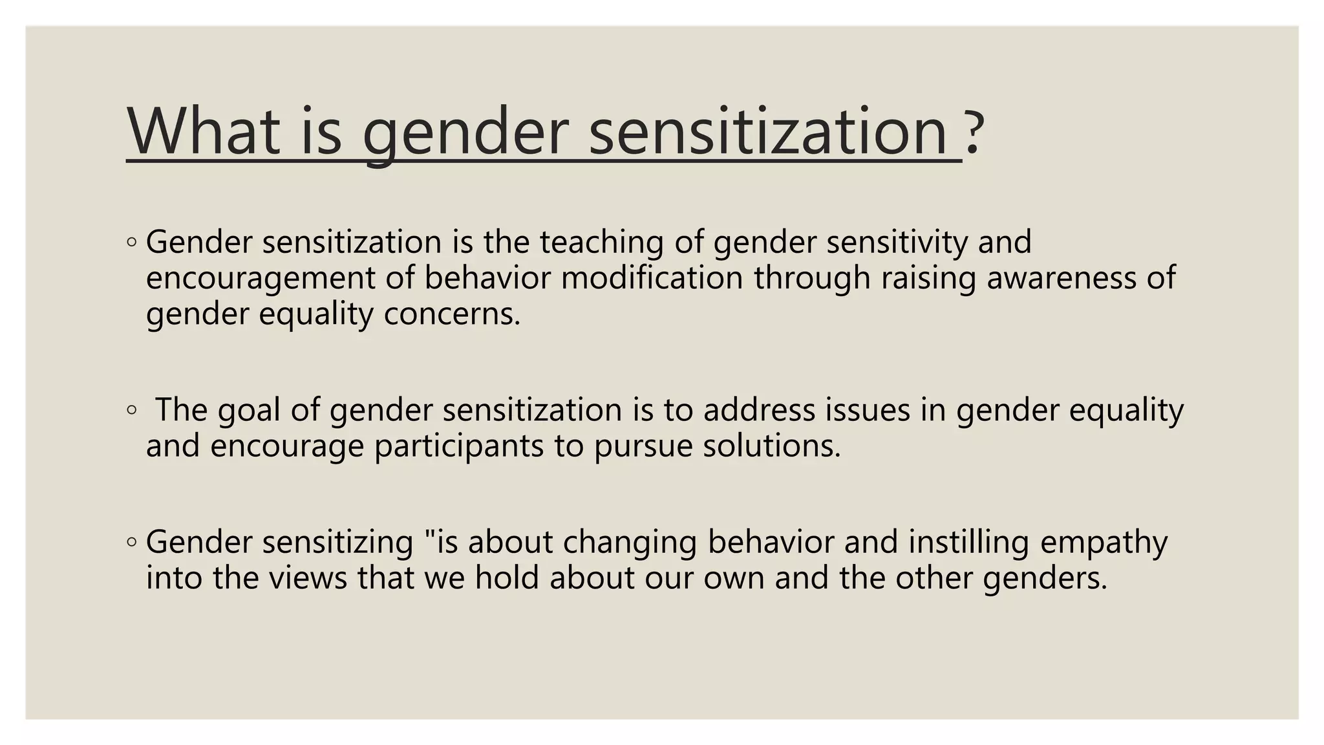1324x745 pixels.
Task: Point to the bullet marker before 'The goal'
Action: point(132,410)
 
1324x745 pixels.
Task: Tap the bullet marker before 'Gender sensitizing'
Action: point(132,542)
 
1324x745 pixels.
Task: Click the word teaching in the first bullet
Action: point(602,243)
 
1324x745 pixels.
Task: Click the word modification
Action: point(652,279)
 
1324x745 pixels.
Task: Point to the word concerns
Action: point(452,315)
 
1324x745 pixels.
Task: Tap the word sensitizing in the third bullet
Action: point(337,542)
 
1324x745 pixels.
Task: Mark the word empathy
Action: point(1104,542)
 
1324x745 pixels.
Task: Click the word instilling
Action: point(968,542)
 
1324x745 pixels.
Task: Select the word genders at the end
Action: point(1045,578)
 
